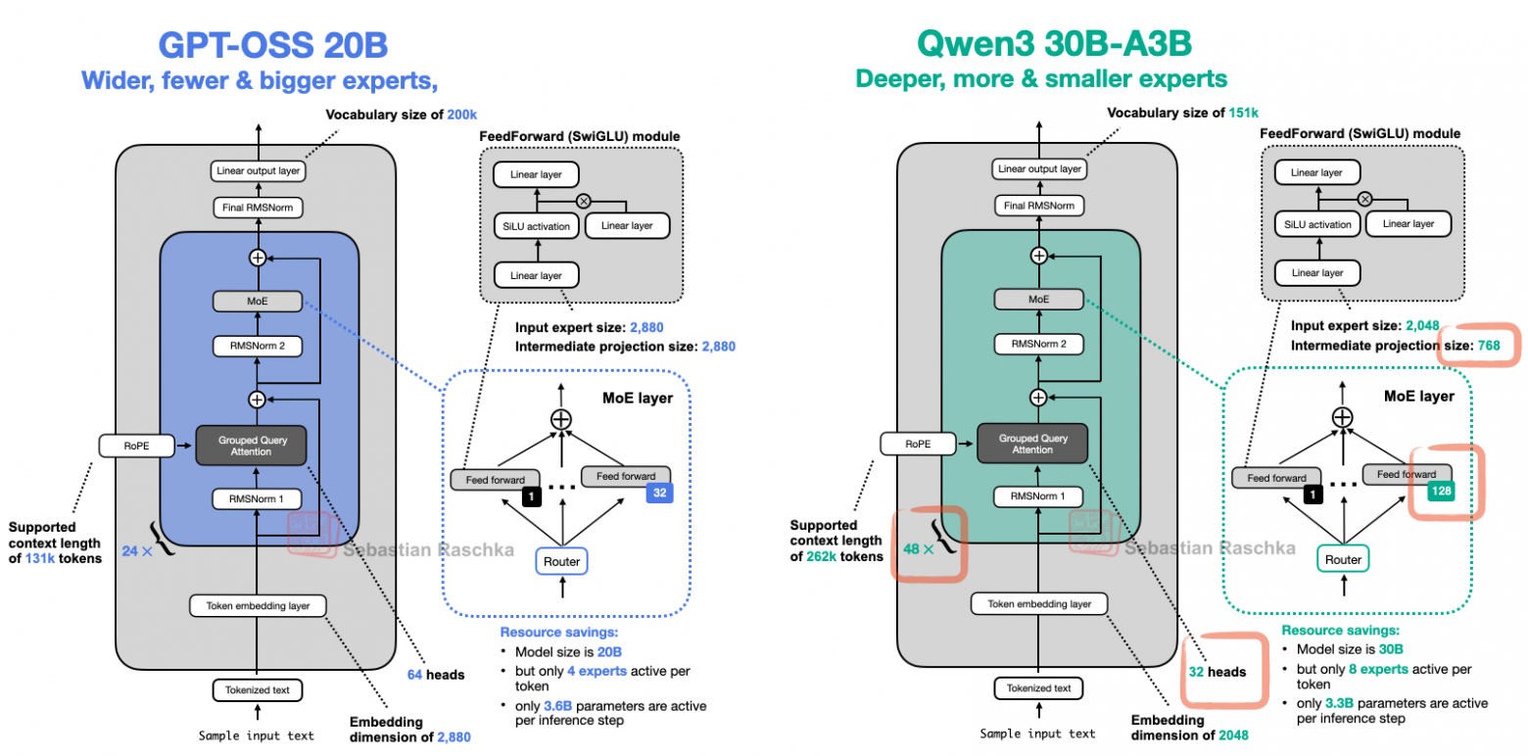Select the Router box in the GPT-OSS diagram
(561, 561)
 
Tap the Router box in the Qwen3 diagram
(1343, 558)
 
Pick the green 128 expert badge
(1441, 490)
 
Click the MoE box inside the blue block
(257, 302)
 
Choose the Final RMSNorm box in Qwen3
(1038, 206)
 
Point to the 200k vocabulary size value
(462, 114)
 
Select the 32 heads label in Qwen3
(1218, 672)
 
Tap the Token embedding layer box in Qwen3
(1039, 603)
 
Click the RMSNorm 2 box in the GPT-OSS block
(257, 346)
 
